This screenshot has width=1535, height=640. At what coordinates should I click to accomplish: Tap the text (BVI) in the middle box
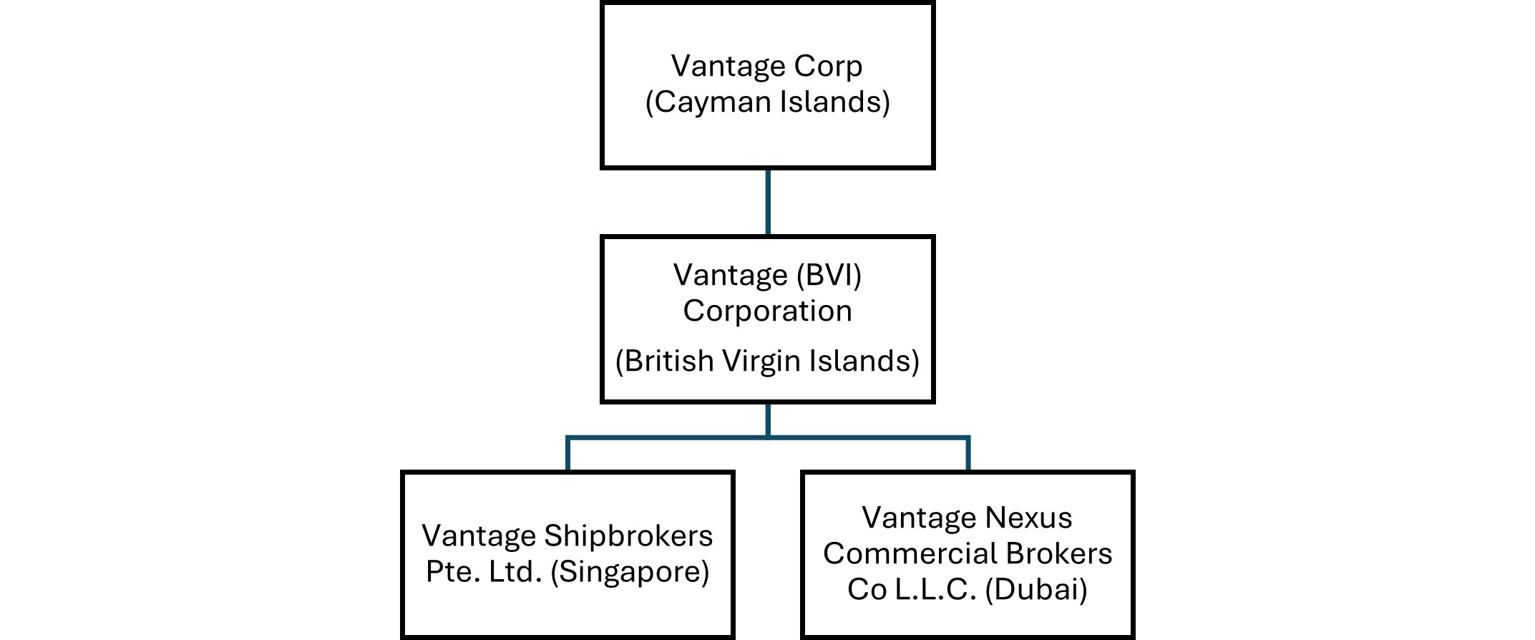(829, 276)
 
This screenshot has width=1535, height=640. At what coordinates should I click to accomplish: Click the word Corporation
(767, 311)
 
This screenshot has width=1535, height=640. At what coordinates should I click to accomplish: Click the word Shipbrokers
(628, 536)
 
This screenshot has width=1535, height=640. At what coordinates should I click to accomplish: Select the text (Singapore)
(630, 572)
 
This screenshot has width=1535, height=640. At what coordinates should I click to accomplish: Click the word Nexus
(1029, 518)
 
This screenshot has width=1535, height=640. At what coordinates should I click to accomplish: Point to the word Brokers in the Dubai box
(1059, 554)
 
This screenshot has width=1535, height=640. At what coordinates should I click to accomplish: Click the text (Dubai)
(1036, 590)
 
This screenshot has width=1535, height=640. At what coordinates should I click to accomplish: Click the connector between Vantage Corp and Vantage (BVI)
(768, 203)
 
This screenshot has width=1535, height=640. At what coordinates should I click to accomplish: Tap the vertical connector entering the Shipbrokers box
(567, 454)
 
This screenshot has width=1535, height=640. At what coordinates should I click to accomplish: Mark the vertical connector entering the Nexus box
(968, 454)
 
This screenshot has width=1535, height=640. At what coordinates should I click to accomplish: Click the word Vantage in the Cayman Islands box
(716, 67)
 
